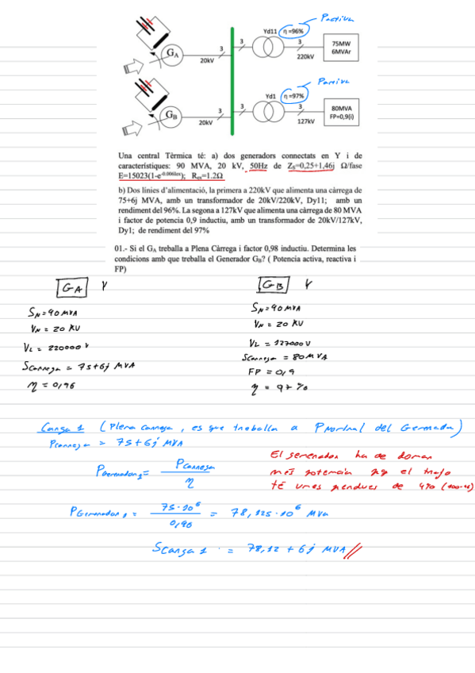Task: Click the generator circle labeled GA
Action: [x=173, y=53]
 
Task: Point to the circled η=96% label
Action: [x=297, y=31]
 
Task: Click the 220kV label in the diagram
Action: [x=305, y=58]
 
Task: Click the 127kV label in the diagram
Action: [x=305, y=121]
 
